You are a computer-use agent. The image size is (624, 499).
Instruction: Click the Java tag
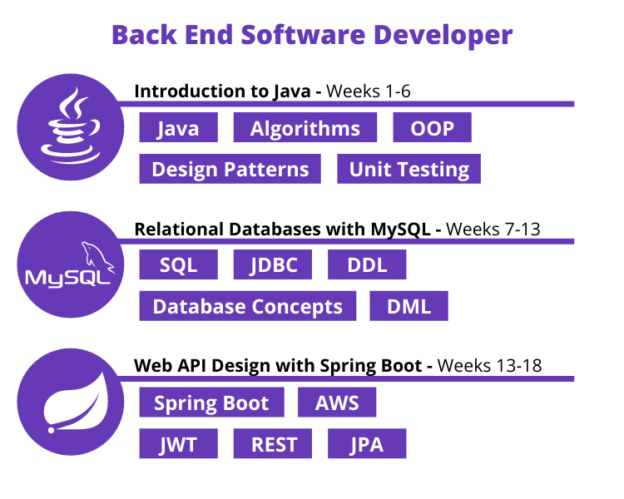click(178, 128)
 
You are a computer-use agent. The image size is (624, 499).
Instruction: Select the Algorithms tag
click(305, 128)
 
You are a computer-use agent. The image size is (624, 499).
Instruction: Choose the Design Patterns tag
click(230, 169)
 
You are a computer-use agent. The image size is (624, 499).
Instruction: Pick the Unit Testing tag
click(409, 169)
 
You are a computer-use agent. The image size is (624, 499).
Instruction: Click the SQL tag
click(178, 264)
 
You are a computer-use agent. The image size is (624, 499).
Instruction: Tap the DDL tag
click(367, 264)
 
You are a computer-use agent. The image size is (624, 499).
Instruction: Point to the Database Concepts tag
click(247, 305)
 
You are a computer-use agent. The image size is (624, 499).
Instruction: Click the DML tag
click(409, 305)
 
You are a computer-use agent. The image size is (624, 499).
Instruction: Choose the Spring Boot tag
click(211, 403)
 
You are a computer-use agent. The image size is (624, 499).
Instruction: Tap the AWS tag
click(337, 403)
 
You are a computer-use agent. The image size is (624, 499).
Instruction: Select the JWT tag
click(178, 443)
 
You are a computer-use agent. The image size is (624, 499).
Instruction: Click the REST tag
click(273, 443)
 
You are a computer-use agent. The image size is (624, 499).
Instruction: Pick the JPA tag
click(367, 443)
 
